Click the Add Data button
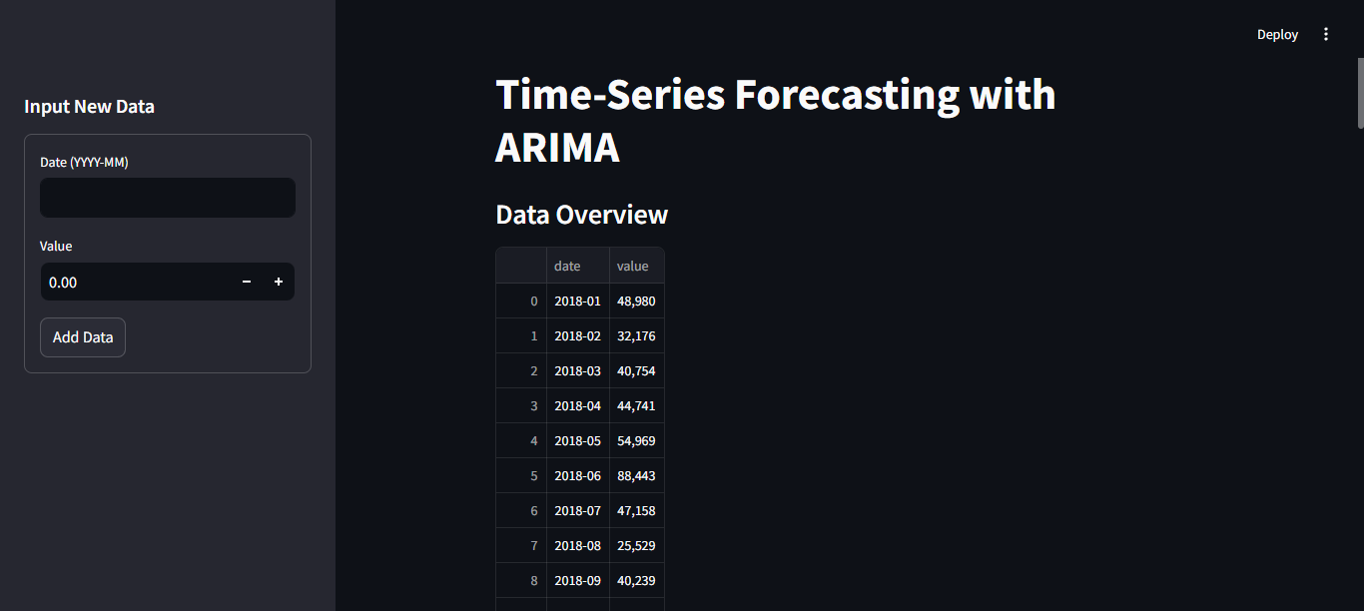[83, 337]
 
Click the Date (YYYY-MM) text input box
[168, 198]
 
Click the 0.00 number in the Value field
[63, 283]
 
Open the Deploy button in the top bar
[1277, 35]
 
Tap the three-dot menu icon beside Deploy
[1326, 35]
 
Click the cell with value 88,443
[636, 476]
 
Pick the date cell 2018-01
[578, 302]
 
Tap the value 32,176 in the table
[636, 335]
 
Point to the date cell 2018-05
[578, 440]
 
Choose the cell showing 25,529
[636, 545]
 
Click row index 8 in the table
[534, 581]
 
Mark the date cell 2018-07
[578, 510]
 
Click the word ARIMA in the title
[557, 148]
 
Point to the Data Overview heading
[581, 215]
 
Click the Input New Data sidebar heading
[90, 107]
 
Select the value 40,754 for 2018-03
[636, 370]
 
